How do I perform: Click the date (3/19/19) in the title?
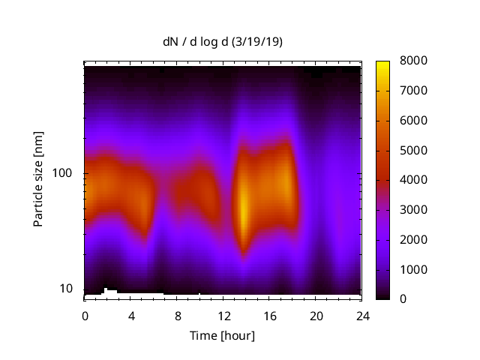tap(258, 42)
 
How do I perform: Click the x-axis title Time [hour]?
tap(222, 335)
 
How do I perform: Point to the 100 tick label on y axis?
tap(64, 173)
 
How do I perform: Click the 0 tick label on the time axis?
tap(85, 316)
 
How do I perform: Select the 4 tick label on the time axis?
tap(131, 316)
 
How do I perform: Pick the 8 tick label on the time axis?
tap(177, 316)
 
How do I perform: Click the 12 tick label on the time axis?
tap(223, 316)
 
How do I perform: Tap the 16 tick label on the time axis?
tap(270, 316)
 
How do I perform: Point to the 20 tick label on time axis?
tap(316, 316)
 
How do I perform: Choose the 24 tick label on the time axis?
tap(362, 316)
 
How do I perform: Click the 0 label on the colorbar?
tap(403, 299)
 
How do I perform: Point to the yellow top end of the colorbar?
tap(382, 63)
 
